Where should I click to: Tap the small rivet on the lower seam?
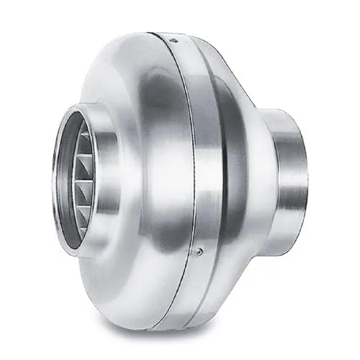199,251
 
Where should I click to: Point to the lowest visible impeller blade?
81,216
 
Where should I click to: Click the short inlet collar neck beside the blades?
101,180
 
